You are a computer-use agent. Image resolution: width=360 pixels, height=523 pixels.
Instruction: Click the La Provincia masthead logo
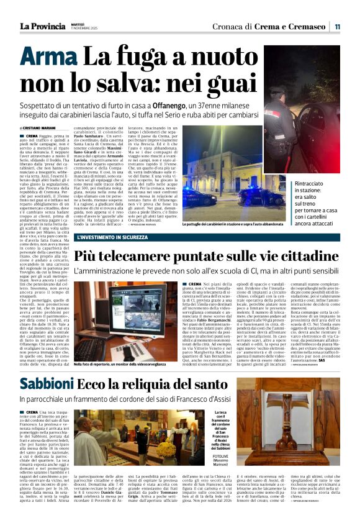pyautogui.click(x=41, y=26)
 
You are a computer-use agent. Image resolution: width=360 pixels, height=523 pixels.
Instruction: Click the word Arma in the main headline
pyautogui.click(x=49, y=58)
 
